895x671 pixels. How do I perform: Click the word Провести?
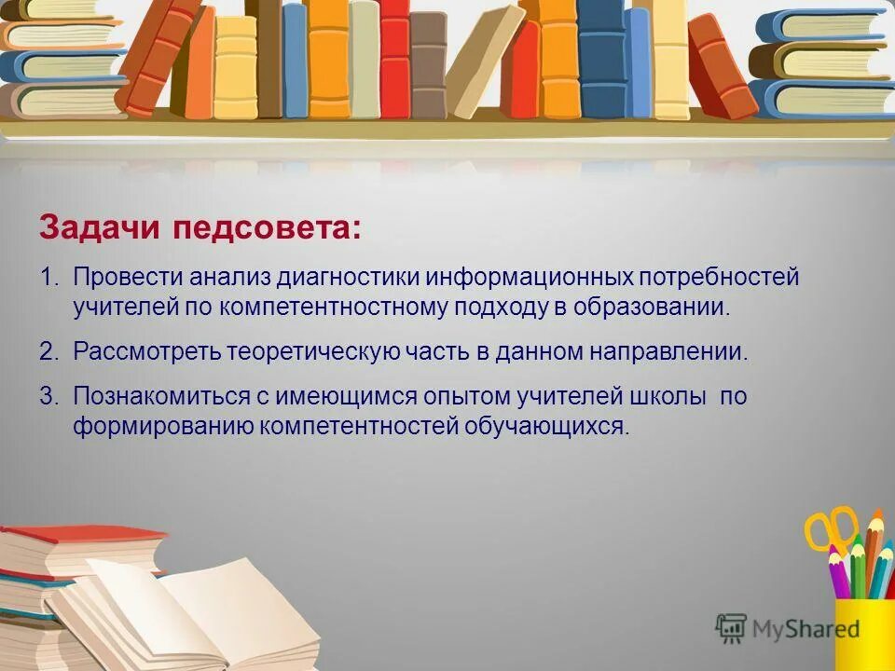click(x=128, y=278)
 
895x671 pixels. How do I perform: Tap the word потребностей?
click(x=719, y=278)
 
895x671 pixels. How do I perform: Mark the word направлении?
click(x=667, y=352)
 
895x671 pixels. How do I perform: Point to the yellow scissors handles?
click(x=830, y=527)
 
